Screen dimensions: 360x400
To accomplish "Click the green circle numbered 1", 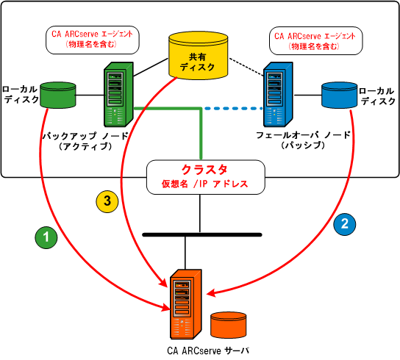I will tap(47, 237).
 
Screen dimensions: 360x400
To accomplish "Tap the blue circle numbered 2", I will tap(346, 222).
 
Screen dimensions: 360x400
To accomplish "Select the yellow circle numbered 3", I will tap(107, 200).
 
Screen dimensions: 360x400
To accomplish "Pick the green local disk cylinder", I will tap(60, 96).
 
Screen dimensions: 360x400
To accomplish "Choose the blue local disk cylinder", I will tap(340, 96).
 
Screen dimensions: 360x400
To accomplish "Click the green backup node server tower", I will tap(118, 94).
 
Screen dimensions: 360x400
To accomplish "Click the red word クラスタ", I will tap(200, 169).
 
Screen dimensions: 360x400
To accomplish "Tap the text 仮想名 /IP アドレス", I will tap(200, 184).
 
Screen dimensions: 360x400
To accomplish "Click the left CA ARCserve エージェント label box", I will tap(92, 40).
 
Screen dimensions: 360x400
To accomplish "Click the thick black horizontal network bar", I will tap(201, 234).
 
